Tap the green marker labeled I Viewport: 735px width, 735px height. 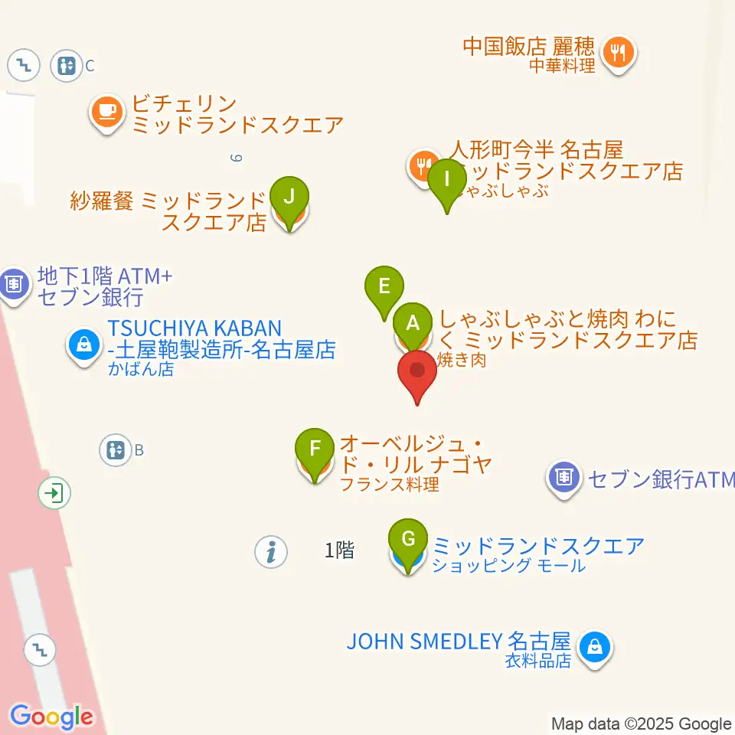coord(447,180)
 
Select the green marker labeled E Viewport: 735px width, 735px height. coord(384,287)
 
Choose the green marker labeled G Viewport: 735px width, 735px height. coord(408,540)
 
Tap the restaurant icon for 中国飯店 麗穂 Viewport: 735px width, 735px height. coord(617,53)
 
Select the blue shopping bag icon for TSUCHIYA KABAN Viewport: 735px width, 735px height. coord(82,344)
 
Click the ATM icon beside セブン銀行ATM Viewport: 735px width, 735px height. coord(563,479)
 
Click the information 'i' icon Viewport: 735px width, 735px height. coord(270,550)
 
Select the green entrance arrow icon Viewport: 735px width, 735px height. coord(54,493)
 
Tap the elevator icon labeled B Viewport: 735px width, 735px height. coord(116,449)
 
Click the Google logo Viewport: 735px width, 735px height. coord(51,717)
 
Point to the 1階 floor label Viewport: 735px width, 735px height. coord(339,550)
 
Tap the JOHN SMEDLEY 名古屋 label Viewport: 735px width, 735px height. coord(459,641)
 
